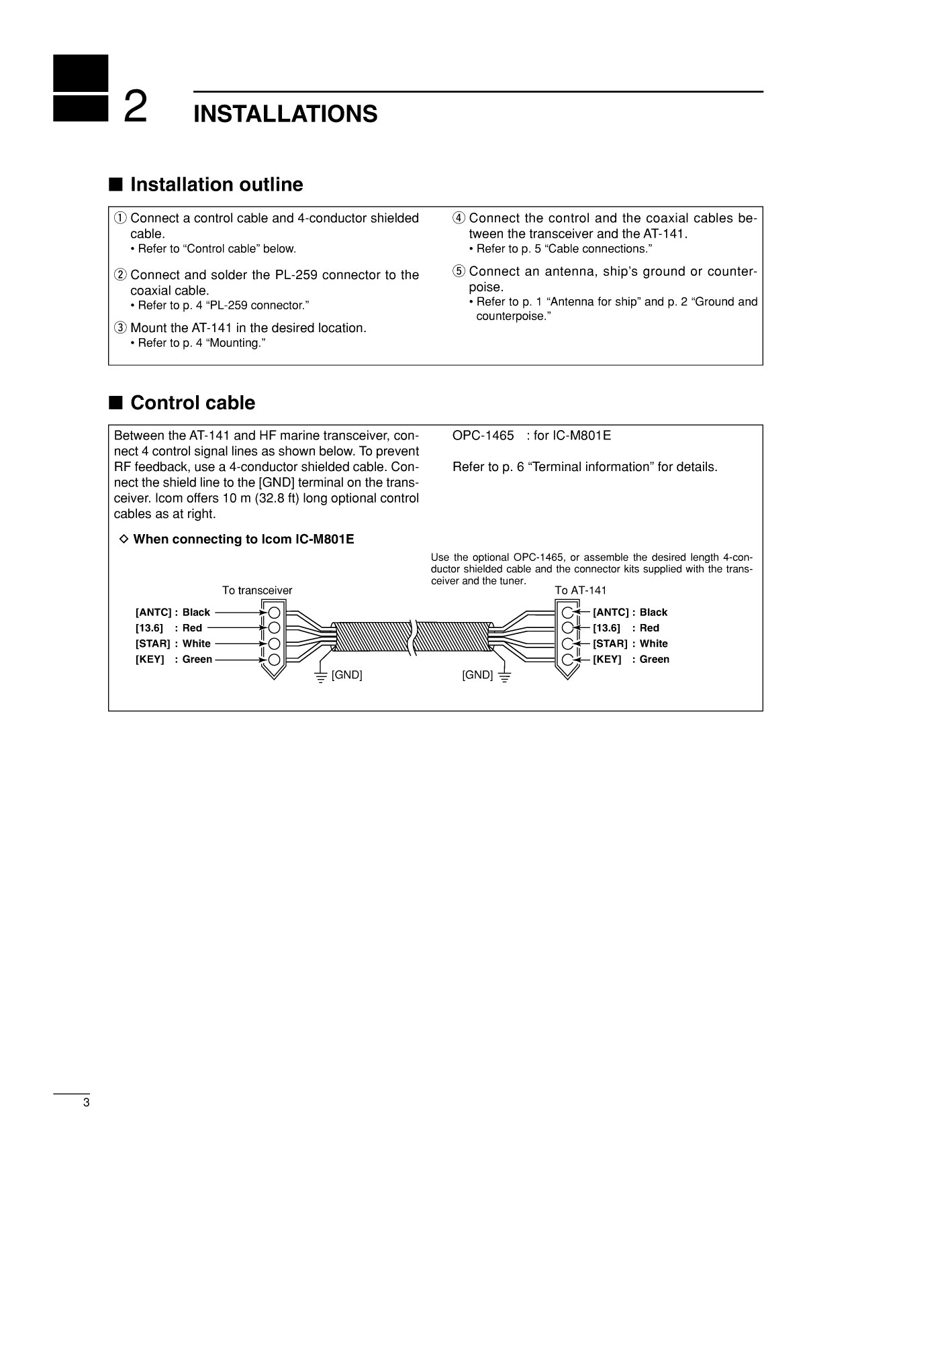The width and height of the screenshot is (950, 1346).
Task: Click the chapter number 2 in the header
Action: [x=136, y=107]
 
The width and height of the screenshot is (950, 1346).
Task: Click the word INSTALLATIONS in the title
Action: [x=285, y=114]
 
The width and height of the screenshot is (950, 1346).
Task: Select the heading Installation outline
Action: [x=216, y=185]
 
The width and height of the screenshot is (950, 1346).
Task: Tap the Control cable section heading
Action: [x=193, y=403]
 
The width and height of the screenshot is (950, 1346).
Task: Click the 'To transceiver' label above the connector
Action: [x=257, y=590]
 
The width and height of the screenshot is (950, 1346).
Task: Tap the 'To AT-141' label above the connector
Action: [x=580, y=590]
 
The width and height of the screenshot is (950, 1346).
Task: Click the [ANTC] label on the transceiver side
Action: [x=153, y=613]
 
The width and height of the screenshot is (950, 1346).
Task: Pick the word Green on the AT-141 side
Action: [x=654, y=660]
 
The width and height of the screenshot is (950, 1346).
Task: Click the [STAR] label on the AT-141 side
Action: [x=610, y=644]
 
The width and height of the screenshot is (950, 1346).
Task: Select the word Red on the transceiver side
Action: [x=192, y=628]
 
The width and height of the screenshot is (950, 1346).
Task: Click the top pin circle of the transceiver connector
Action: [x=274, y=613]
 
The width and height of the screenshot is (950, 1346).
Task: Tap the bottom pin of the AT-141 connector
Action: [x=568, y=660]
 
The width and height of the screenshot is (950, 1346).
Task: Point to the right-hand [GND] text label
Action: [x=477, y=675]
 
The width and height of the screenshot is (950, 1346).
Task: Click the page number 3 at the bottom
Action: [x=86, y=1104]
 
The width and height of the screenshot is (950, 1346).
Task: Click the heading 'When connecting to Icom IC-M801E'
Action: [x=243, y=539]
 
